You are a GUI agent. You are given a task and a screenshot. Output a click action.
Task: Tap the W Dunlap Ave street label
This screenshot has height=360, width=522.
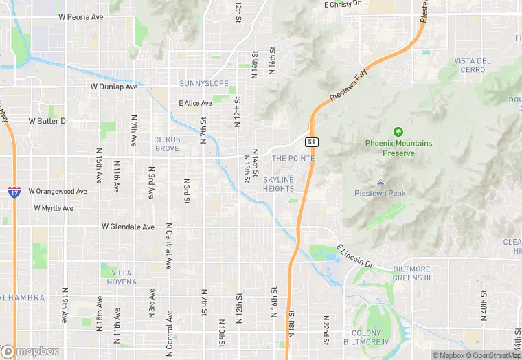tap(114, 87)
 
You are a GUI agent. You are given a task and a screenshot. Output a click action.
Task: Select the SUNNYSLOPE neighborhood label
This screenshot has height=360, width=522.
tap(203, 83)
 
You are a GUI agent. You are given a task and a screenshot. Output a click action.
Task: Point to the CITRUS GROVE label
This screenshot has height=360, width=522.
tap(167, 144)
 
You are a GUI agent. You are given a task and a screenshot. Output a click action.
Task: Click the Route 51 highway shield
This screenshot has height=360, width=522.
tap(312, 142)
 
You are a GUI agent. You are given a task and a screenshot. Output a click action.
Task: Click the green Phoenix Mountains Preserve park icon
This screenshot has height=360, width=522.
tap(398, 132)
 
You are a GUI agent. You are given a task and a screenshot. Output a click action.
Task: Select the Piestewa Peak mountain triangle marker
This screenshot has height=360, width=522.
tap(380, 182)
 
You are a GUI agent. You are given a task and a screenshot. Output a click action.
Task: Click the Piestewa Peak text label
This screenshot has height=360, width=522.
tap(380, 193)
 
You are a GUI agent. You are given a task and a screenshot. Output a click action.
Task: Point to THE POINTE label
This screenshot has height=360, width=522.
tap(293, 159)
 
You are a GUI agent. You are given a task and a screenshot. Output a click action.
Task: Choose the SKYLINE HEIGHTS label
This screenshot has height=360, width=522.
tap(278, 184)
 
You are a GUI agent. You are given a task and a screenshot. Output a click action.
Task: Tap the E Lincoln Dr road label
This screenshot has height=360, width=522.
tap(354, 256)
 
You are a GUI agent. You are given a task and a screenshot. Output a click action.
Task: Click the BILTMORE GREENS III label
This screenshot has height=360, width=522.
tap(411, 273)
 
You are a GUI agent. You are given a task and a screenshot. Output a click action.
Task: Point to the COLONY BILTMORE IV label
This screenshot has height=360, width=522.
tap(375, 337)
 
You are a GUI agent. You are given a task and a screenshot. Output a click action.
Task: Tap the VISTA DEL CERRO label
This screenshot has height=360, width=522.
tap(473, 65)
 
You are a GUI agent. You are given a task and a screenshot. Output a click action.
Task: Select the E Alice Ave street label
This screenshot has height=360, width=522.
tap(195, 103)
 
